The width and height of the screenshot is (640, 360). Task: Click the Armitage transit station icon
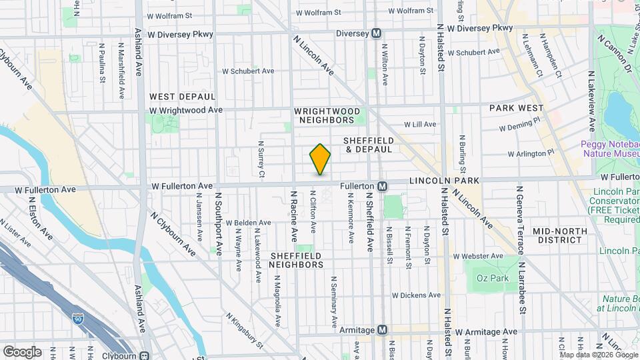click(382, 330)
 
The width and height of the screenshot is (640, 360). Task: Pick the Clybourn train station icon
click(144, 355)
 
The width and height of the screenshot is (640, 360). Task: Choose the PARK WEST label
click(516, 107)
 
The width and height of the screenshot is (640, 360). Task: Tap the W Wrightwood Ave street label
click(186, 110)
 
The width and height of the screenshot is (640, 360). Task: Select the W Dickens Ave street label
click(416, 295)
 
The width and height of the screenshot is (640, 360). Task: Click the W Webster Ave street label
click(476, 256)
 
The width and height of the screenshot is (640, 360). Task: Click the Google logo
click(22, 352)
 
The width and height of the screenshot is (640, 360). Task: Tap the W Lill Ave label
click(420, 124)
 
